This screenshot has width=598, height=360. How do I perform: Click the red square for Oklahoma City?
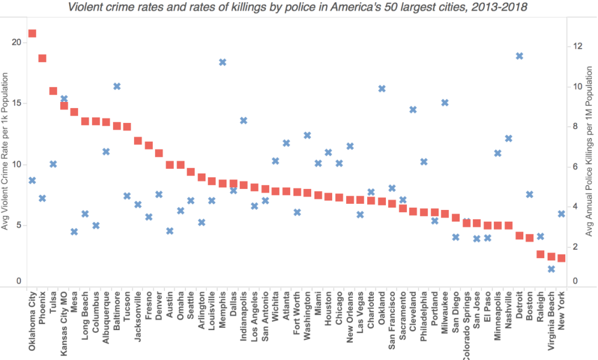[32, 33]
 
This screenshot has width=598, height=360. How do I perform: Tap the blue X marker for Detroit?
[519, 56]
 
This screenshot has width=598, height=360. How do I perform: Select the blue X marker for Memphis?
[223, 62]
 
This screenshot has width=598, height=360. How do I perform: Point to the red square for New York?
[561, 258]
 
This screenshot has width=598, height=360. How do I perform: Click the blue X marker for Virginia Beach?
[551, 269]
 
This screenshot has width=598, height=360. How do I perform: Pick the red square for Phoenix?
[43, 58]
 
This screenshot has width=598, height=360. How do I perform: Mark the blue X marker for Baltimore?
[117, 86]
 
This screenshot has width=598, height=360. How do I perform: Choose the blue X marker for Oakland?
[382, 89]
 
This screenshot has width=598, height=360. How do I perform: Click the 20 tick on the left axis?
[17, 42]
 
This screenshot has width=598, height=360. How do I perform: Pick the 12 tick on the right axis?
[576, 46]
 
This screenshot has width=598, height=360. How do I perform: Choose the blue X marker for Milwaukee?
[445, 102]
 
